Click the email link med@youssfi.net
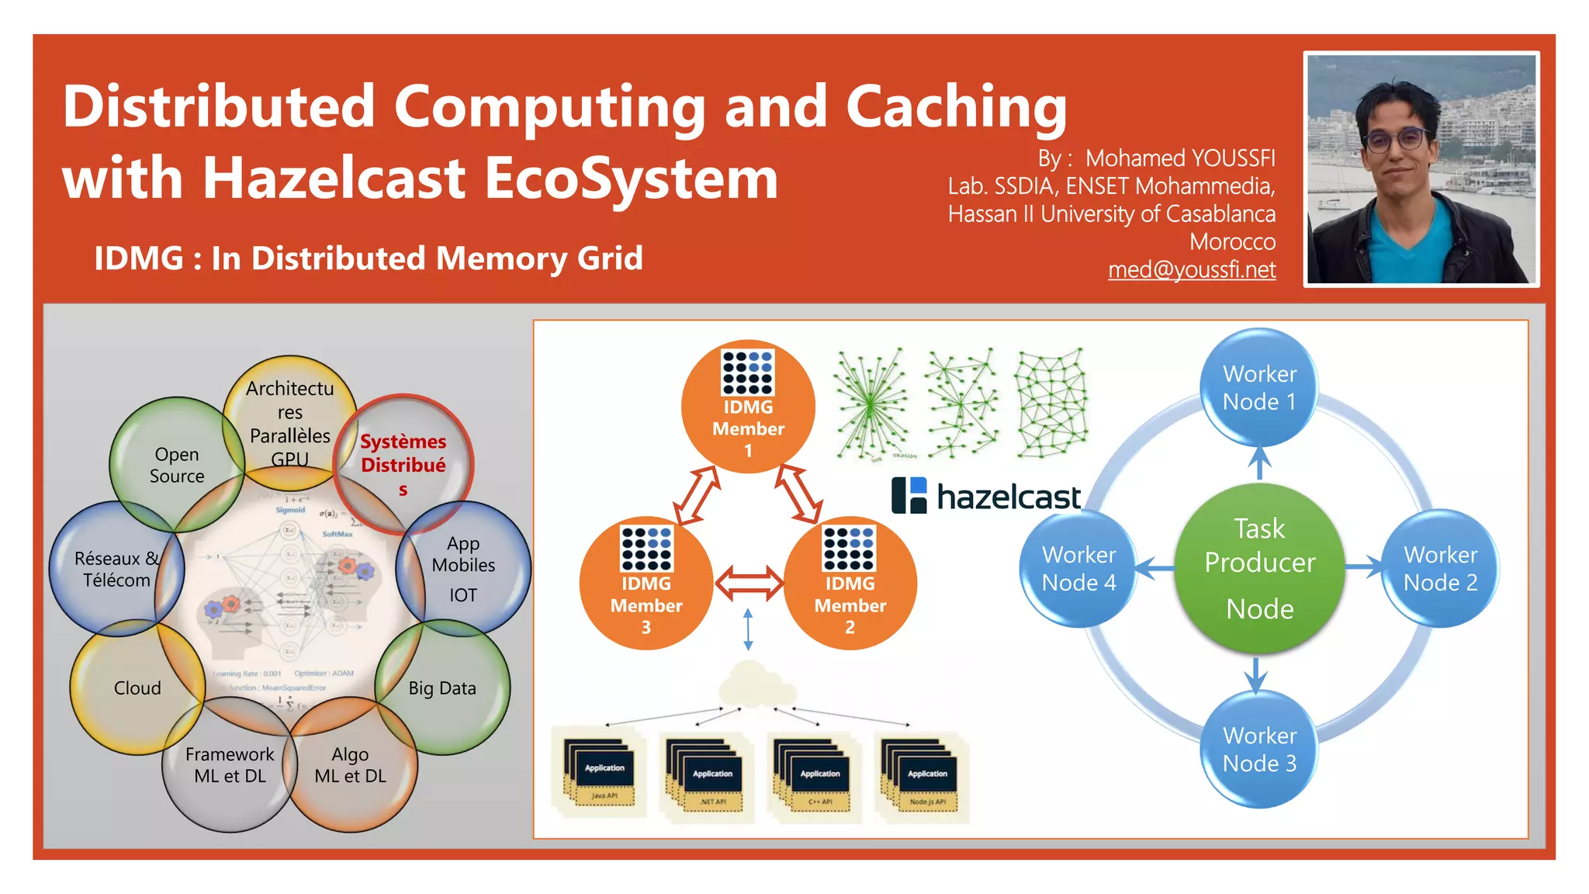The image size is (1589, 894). click(1191, 269)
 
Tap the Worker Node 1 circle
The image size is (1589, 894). click(1258, 387)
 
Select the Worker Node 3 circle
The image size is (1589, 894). click(1258, 749)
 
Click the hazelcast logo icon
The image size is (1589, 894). click(909, 495)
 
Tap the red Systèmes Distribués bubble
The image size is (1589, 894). click(403, 464)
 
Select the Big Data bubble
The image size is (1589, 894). click(442, 688)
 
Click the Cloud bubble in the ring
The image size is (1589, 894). click(137, 688)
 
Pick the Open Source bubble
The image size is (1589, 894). click(177, 464)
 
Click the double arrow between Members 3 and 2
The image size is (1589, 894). click(748, 584)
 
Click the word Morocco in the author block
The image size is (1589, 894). click(1232, 241)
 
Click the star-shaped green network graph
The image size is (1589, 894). click(871, 404)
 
